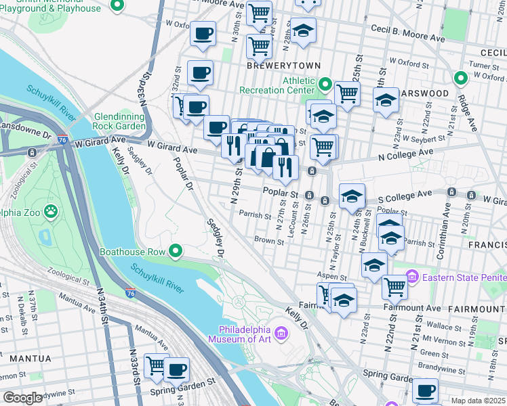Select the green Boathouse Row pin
pyautogui.click(x=176, y=252)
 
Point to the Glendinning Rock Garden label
pyautogui.click(x=120, y=121)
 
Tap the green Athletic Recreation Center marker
pyautogui.click(x=325, y=85)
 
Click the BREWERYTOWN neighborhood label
pyautogui.click(x=273, y=67)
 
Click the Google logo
pyautogui.click(x=22, y=398)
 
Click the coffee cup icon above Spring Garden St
pyautogui.click(x=178, y=369)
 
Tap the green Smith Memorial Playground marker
pyautogui.click(x=117, y=6)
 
